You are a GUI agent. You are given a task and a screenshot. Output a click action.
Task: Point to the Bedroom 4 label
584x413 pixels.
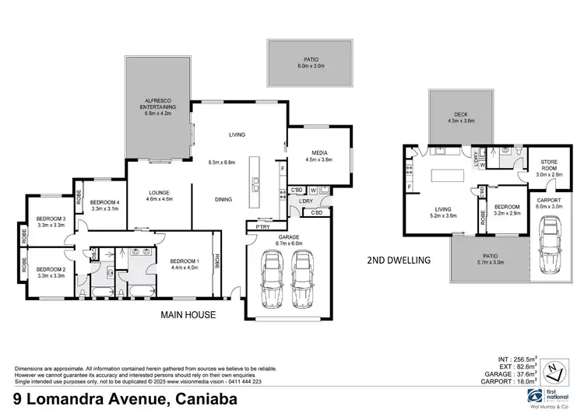click(x=104, y=205)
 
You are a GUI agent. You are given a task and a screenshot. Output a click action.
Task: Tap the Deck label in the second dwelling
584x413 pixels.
click(x=461, y=117)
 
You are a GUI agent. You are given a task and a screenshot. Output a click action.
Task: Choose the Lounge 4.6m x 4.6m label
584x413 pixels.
click(x=160, y=196)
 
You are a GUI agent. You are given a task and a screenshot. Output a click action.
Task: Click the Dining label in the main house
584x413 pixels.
click(x=223, y=200)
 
